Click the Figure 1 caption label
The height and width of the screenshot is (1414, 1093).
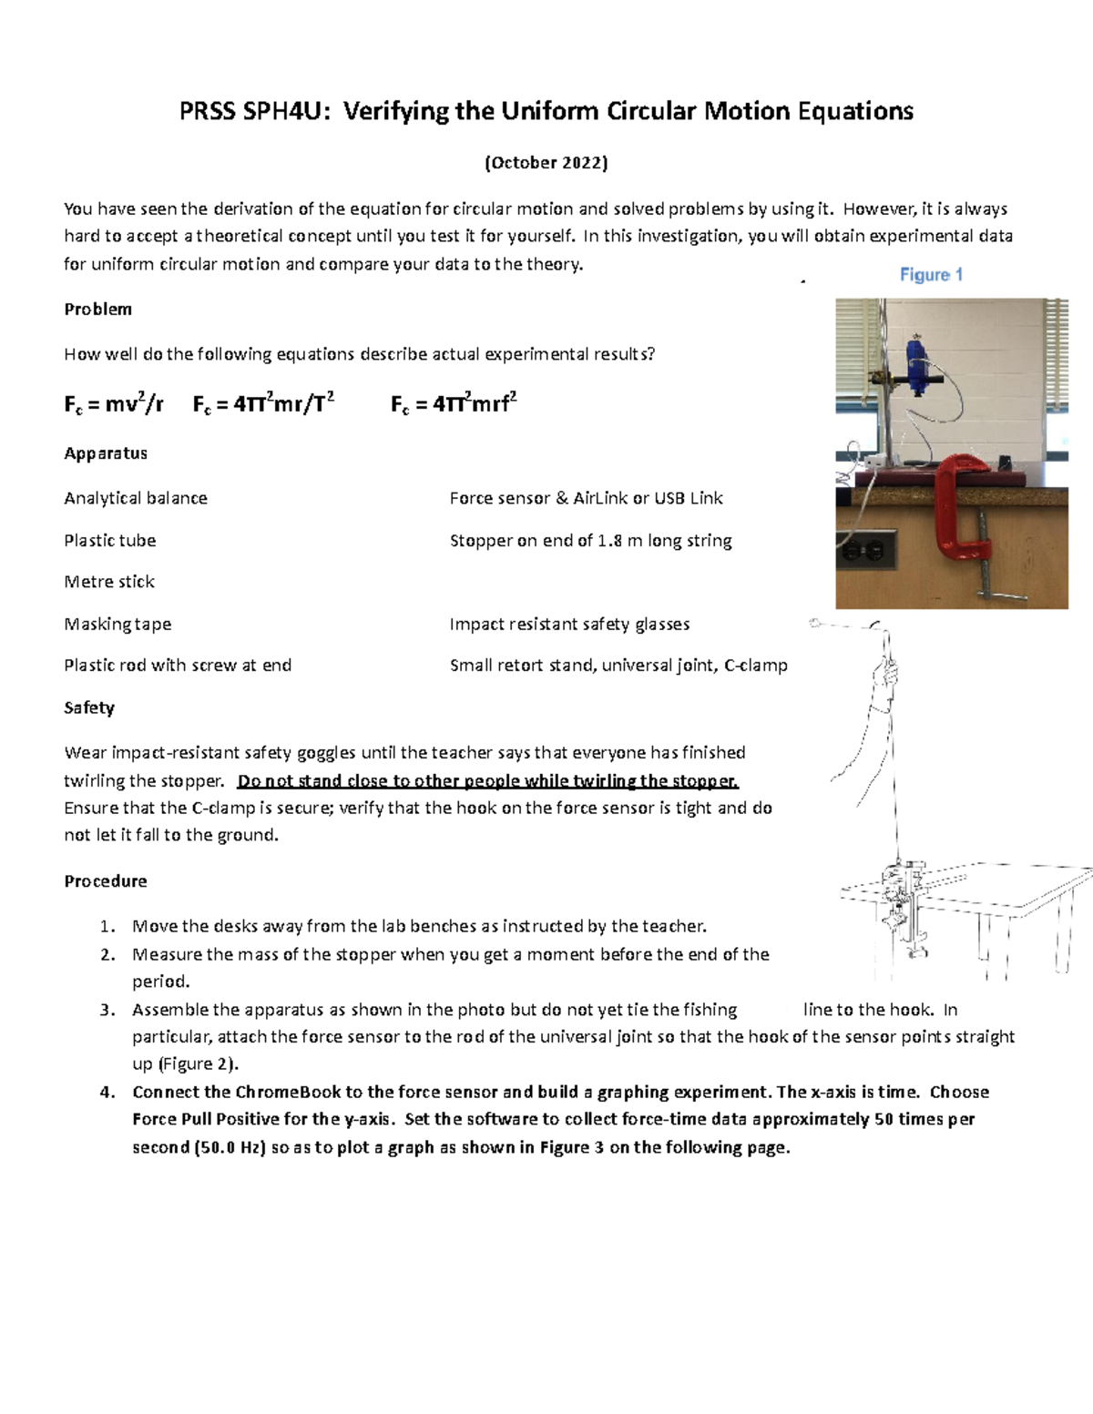click(x=931, y=274)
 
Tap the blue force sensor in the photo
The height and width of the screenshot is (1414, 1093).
click(x=916, y=363)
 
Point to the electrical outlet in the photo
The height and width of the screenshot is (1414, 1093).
click(x=871, y=551)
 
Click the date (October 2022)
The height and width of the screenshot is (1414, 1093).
click(x=546, y=163)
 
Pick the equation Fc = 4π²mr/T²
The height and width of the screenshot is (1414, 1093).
click(x=263, y=404)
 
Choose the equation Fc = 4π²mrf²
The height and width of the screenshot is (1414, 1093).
click(x=454, y=404)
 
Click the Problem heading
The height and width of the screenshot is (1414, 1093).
click(x=97, y=310)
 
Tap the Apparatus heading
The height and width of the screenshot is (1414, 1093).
click(x=106, y=453)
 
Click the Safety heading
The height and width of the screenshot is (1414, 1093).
click(x=89, y=707)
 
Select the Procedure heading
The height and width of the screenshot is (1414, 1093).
click(x=106, y=881)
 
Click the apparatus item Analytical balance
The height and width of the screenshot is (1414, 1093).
click(x=136, y=498)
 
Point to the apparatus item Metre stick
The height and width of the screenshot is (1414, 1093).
click(x=109, y=582)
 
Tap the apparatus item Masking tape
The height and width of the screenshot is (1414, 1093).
click(x=117, y=625)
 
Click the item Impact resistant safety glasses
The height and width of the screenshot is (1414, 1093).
click(x=569, y=625)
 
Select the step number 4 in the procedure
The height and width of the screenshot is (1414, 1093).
click(x=107, y=1093)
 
